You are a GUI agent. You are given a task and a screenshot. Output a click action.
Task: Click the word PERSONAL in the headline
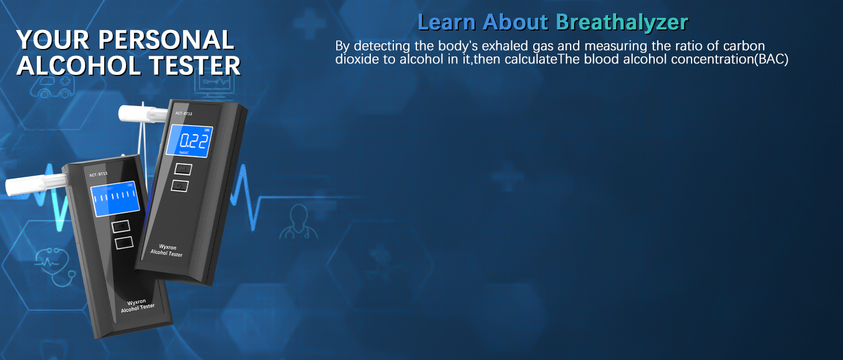point(166,40)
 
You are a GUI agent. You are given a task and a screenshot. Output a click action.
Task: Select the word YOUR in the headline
point(53,40)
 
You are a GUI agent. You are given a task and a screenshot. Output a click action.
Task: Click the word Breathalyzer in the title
point(622,22)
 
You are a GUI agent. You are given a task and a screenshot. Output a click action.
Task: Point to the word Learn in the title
point(447,22)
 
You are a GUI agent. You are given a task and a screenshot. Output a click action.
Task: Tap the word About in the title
point(515,22)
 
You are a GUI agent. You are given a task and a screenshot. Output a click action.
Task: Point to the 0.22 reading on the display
point(193,141)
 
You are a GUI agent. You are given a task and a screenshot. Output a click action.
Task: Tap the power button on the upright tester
point(180,185)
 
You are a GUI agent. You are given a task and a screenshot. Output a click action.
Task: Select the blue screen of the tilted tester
point(115,199)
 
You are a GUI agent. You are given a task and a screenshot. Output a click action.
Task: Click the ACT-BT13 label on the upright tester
point(184,113)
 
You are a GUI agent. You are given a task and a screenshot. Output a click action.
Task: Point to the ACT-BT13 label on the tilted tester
point(98,175)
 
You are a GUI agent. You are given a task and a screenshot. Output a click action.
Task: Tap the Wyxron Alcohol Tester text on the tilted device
point(138,306)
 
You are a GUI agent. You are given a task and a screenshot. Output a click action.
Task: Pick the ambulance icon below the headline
point(52,86)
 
